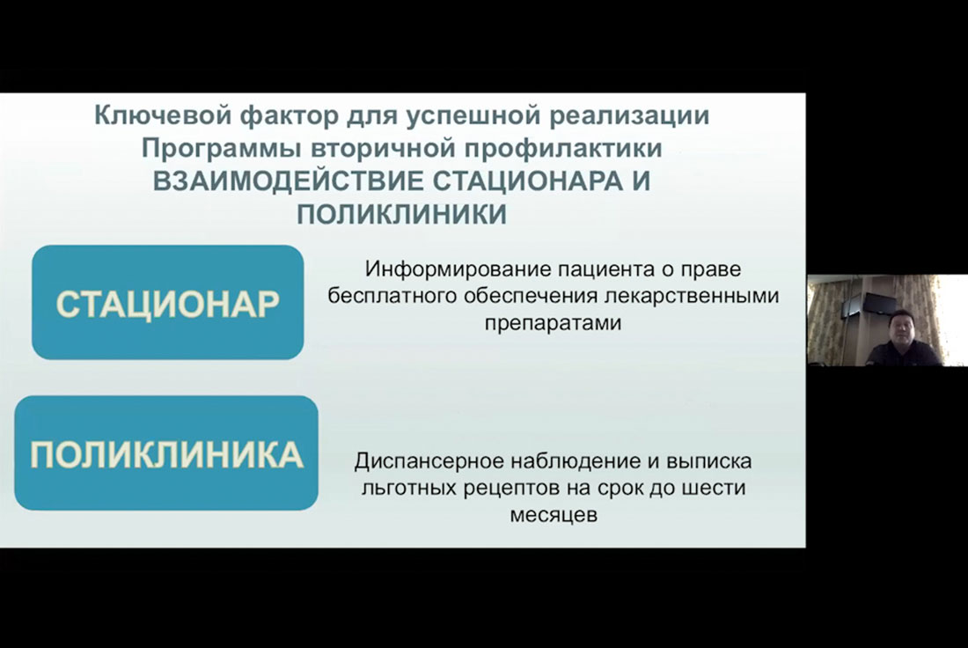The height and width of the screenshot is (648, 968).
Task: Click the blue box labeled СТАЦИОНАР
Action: point(168,302)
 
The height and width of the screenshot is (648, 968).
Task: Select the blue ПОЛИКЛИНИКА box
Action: point(166,453)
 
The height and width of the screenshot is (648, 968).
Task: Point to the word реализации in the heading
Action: point(629,116)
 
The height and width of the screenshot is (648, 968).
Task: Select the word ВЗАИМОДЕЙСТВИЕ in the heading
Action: point(289,181)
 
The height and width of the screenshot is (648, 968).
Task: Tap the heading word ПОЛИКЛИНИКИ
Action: point(402,214)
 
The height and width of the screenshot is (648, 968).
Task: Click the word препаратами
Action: point(553,323)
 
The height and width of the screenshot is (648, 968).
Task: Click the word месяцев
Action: point(554,515)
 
